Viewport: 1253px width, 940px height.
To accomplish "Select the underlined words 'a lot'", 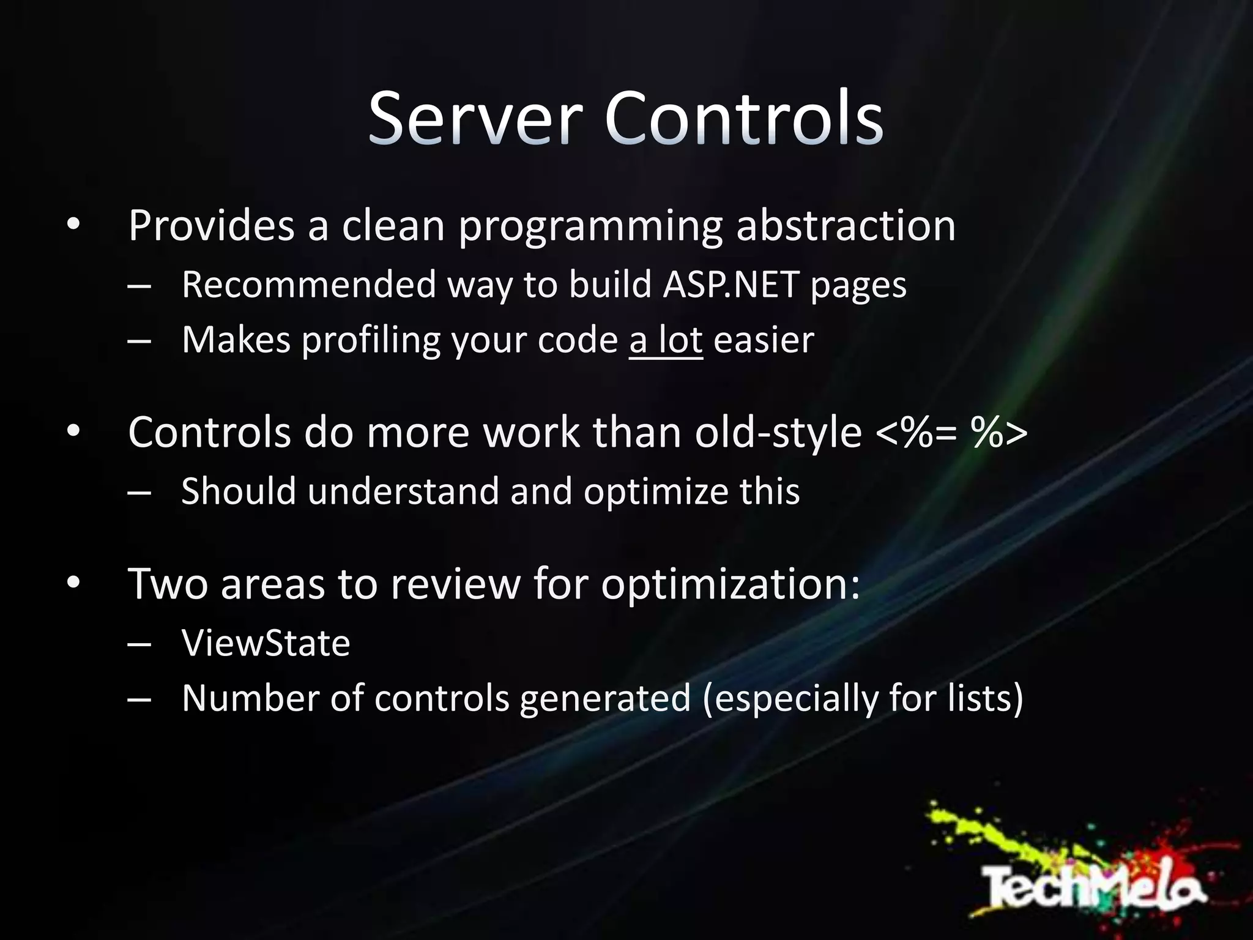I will click(x=666, y=340).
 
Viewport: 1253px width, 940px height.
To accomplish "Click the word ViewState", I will click(x=266, y=643).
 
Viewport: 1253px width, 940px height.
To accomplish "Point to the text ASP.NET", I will click(x=731, y=285).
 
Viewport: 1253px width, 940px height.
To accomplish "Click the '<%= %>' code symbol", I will click(x=951, y=433).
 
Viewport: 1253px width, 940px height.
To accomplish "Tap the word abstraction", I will click(x=846, y=226).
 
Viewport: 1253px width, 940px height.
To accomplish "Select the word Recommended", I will click(x=309, y=285).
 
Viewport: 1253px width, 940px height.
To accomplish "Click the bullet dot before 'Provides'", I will click(x=73, y=225).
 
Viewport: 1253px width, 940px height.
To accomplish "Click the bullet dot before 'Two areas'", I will click(x=73, y=583).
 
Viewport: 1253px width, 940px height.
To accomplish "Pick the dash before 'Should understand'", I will click(x=139, y=492).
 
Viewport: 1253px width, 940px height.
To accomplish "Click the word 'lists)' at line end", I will click(x=985, y=699).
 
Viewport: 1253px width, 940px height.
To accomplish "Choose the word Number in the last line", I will click(x=250, y=699).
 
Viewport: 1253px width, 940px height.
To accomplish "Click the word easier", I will click(x=764, y=340).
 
